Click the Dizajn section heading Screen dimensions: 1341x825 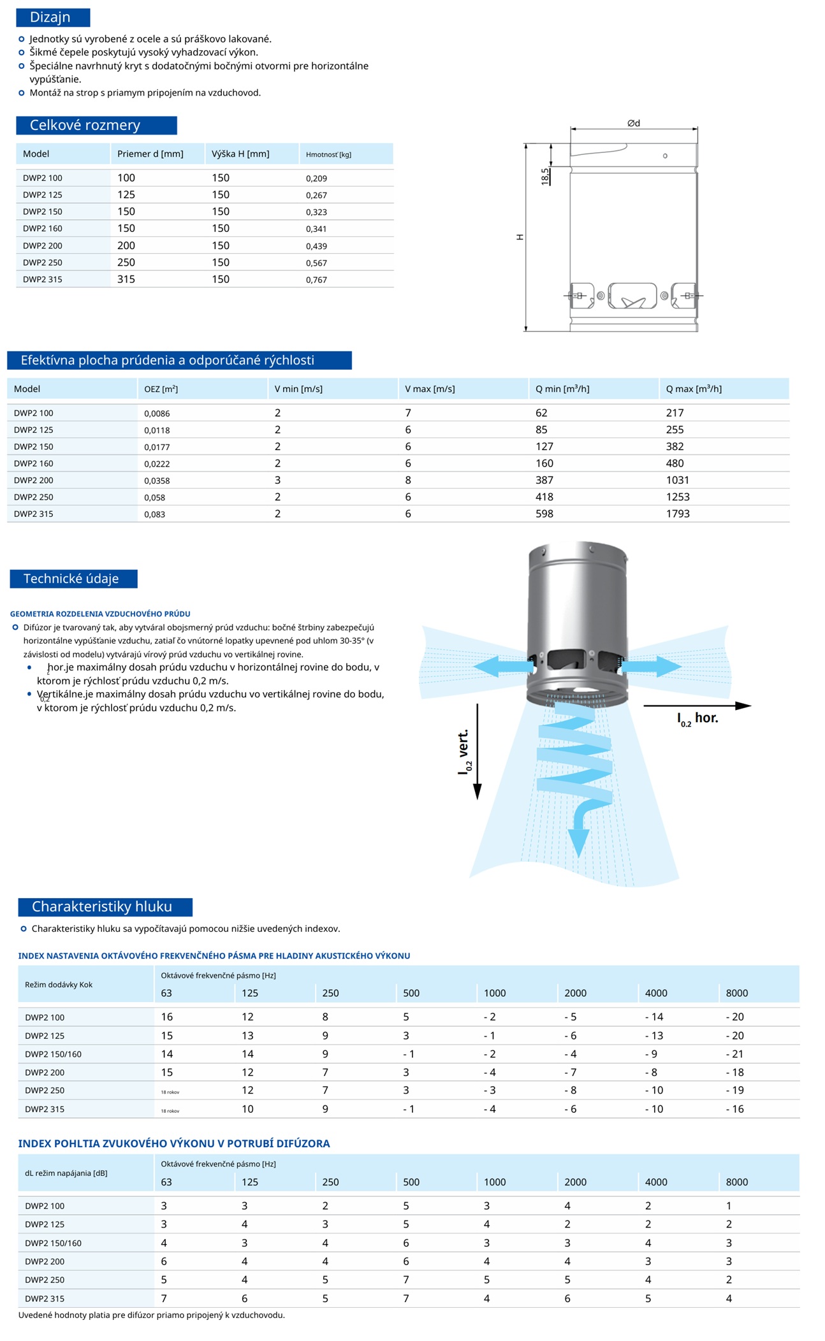(50, 17)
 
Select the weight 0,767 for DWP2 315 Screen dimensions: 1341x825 (316, 280)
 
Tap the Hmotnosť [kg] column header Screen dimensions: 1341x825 (328, 154)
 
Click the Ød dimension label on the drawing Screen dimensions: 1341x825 (633, 123)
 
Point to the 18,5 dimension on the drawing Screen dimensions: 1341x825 (545, 177)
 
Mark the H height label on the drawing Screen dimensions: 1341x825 (520, 237)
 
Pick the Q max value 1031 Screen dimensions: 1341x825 (677, 480)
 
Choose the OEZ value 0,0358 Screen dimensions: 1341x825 (157, 481)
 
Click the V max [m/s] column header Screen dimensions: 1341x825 (430, 389)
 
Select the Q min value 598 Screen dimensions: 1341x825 (544, 514)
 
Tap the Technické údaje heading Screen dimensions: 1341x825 (71, 579)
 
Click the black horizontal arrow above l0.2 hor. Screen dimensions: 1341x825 (697, 706)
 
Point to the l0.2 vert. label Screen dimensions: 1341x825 (464, 752)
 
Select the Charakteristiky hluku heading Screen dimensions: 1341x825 (102, 906)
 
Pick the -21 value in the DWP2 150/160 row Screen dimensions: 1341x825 (734, 1054)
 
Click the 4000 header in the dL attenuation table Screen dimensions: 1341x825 (656, 1182)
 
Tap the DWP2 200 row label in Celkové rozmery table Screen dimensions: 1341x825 (43, 246)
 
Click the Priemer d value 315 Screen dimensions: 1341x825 (126, 279)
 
